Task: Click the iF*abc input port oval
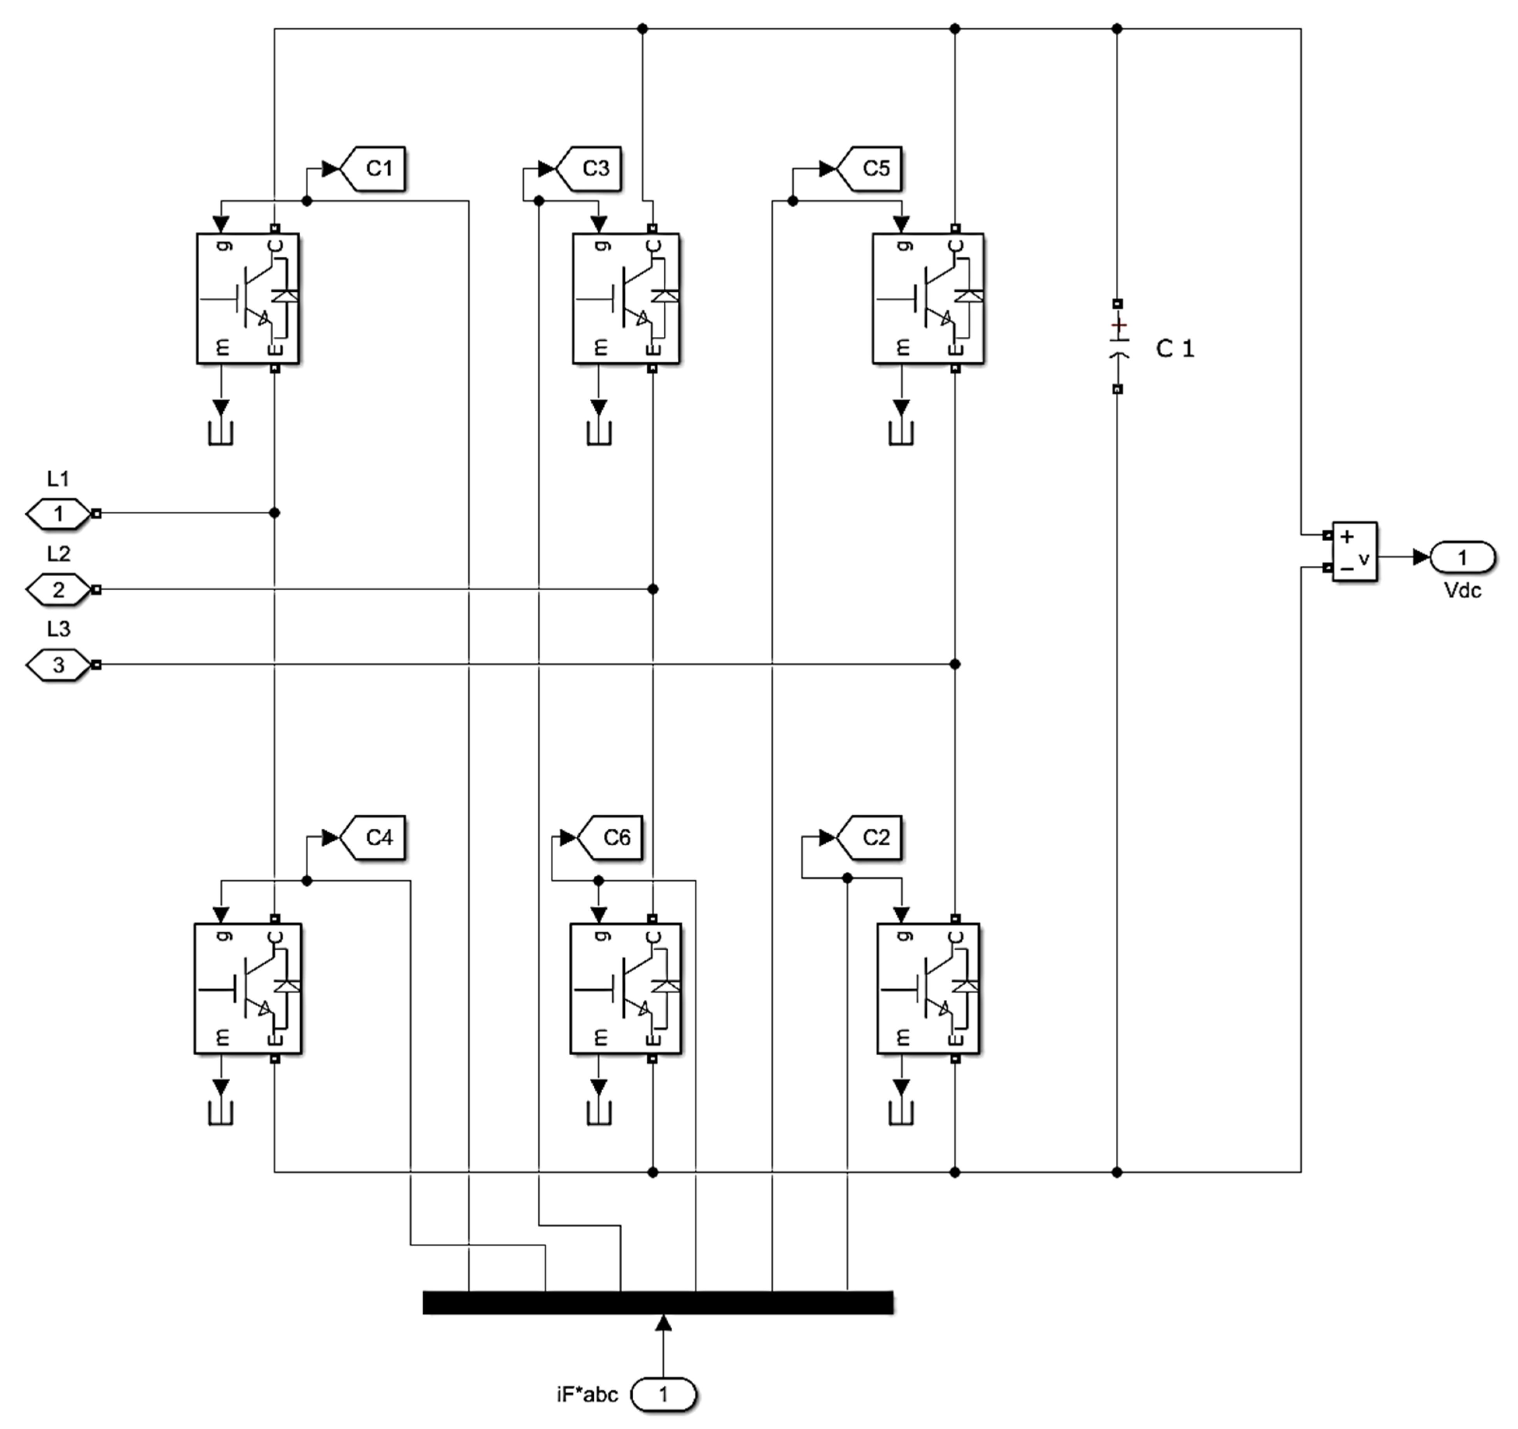pos(664,1395)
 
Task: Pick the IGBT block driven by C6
pos(626,988)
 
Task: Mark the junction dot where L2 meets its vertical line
pos(653,589)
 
